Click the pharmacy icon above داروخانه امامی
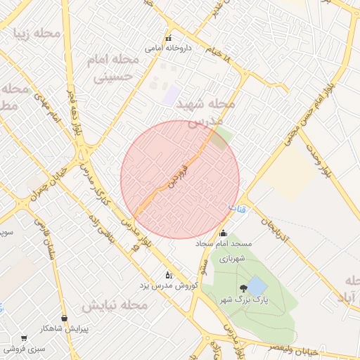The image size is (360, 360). [168, 38]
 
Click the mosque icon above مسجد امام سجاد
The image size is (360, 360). [224, 233]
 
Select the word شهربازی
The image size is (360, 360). [232, 259]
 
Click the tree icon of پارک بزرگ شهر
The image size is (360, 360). [243, 288]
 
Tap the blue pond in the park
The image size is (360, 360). [257, 286]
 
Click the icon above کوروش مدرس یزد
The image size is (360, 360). [168, 275]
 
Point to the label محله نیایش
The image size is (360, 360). [114, 306]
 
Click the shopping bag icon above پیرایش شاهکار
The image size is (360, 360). [65, 318]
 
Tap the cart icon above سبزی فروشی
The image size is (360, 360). [24, 337]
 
